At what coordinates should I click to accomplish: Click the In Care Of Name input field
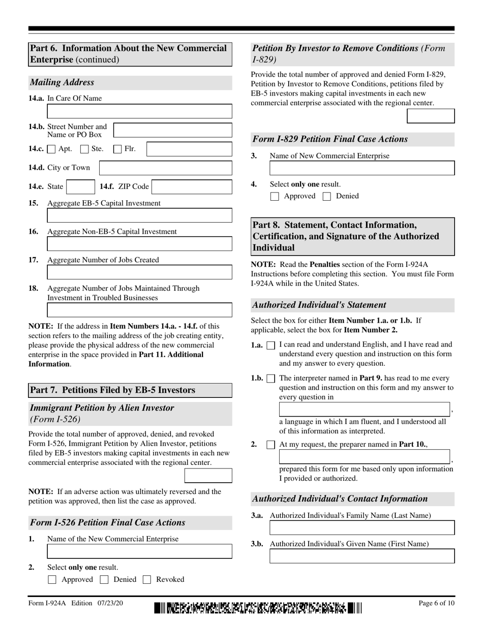pyautogui.click(x=139, y=111)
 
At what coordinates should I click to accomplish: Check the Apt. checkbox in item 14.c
pyautogui.click(x=51, y=149)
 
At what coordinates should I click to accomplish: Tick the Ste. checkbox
pyautogui.click(x=85, y=149)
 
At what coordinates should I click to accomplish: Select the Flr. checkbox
pyautogui.click(x=117, y=149)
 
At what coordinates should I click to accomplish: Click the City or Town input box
pyautogui.click(x=165, y=168)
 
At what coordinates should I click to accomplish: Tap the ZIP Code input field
pyautogui.click(x=192, y=187)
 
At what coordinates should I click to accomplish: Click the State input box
pyautogui.click(x=80, y=187)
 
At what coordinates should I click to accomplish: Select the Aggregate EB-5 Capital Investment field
pyautogui.click(x=139, y=215)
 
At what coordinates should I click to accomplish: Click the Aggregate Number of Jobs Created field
pyautogui.click(x=139, y=272)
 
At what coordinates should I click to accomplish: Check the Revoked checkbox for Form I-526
pyautogui.click(x=147, y=580)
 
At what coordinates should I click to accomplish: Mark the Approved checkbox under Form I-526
pyautogui.click(x=52, y=580)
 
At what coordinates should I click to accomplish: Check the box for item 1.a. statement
pyautogui.click(x=271, y=346)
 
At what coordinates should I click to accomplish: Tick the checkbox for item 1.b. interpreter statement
pyautogui.click(x=271, y=379)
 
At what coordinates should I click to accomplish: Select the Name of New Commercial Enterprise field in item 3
pyautogui.click(x=362, y=168)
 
